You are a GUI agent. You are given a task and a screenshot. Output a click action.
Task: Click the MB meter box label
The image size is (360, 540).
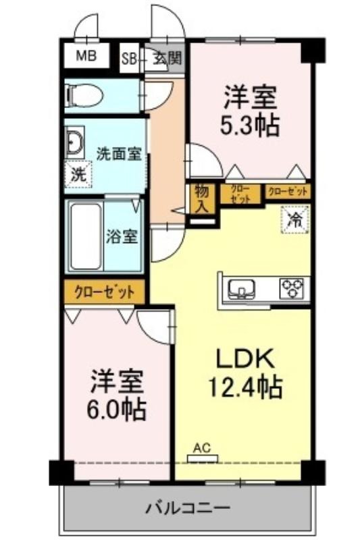pos(86,56)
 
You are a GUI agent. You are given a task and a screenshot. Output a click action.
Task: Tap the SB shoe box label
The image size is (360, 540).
pos(129,59)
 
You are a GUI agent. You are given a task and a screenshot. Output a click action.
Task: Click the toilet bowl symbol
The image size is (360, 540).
pos(84,94)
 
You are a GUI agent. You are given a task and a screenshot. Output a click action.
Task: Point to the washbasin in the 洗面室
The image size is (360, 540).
pos(74,142)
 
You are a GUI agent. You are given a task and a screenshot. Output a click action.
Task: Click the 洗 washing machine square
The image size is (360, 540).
pos(79,175)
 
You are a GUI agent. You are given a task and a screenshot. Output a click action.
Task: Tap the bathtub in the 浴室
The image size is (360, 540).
pos(86,236)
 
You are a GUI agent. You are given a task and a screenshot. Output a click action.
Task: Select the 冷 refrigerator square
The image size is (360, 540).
pos(296,220)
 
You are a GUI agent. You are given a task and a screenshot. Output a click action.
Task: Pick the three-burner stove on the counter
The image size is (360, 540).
pos(293,288)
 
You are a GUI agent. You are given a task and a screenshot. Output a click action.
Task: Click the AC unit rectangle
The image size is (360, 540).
pos(203,458)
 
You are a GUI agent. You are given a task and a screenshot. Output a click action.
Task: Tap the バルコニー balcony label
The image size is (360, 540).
pos(188,508)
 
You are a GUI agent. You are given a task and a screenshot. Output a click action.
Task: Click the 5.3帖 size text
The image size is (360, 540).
pos(249,126)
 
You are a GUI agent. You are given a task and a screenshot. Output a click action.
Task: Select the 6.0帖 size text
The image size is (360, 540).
pos(116,410)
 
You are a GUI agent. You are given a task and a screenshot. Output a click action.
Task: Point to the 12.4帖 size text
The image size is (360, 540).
pos(245,387)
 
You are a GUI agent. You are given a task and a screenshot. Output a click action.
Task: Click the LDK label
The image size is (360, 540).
pos(245,360)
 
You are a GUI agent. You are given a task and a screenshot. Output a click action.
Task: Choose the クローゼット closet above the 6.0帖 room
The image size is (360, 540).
pos(105,292)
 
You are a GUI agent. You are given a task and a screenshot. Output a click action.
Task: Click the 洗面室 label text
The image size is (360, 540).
pos(119,154)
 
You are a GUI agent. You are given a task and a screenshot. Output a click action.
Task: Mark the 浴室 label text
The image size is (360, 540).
pos(122,237)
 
